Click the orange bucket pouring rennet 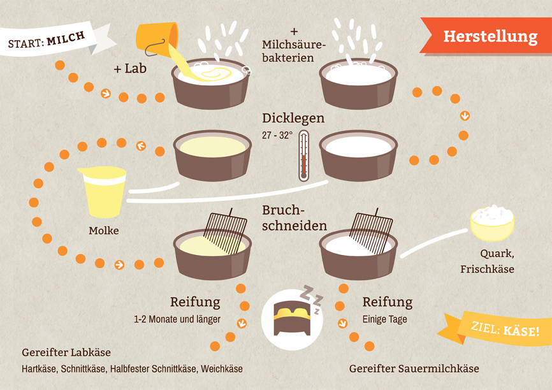pyautogui.click(x=157, y=38)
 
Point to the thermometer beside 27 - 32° pyautogui.click(x=304, y=155)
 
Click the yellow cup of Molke pyautogui.click(x=103, y=192)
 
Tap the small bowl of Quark pyautogui.click(x=492, y=224)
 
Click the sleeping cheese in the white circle pyautogui.click(x=292, y=317)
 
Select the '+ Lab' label pyautogui.click(x=130, y=69)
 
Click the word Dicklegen pyautogui.click(x=293, y=119)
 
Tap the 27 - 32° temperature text pyautogui.click(x=277, y=136)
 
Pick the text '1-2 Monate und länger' pyautogui.click(x=177, y=319)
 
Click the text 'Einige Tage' pyautogui.click(x=385, y=319)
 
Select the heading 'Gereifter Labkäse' pyautogui.click(x=66, y=352)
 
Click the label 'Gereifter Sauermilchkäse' pyautogui.click(x=414, y=368)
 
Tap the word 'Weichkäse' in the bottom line pyautogui.click(x=222, y=369)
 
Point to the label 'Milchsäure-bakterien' pyautogui.click(x=293, y=51)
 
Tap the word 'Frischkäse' pyautogui.click(x=487, y=270)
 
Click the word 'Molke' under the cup pyautogui.click(x=103, y=231)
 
